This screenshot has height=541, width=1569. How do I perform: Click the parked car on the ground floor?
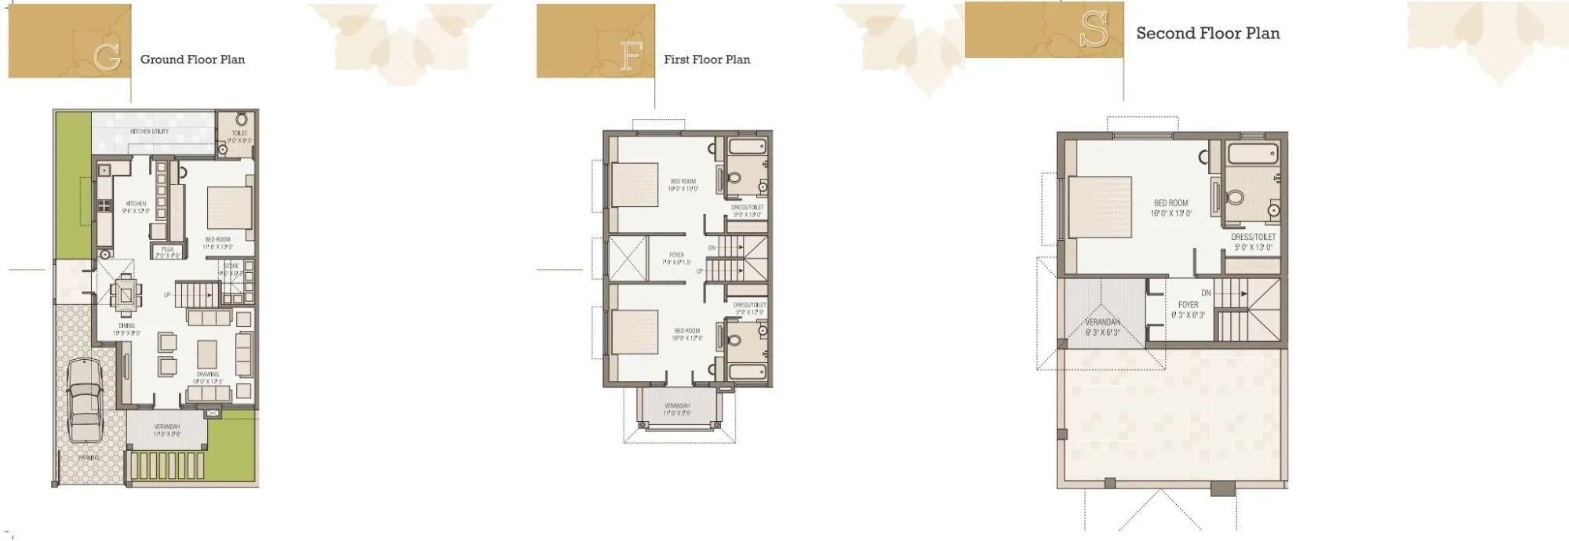pos(85,400)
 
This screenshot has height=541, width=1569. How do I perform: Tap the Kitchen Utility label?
pos(149,131)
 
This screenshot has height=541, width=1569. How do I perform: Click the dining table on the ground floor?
pos(126,294)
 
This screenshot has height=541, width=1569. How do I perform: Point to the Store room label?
pos(231,267)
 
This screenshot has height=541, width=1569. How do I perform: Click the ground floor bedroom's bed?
pos(229,207)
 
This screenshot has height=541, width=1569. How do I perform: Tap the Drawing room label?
pos(208,375)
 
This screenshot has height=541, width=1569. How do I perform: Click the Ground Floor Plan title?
pos(192,60)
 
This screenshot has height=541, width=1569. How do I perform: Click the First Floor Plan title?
pos(707,60)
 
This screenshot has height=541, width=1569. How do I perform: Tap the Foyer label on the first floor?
pos(676,256)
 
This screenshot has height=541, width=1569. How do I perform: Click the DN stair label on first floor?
pos(712,248)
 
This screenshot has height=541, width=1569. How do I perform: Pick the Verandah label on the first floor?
pos(676,407)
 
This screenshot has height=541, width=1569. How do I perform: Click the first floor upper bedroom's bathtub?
pos(746,146)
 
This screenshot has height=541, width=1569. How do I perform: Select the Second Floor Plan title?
pos(1208,34)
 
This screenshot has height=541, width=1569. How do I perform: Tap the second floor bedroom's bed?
pos(1098,206)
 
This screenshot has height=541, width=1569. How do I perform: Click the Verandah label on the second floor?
pos(1102,323)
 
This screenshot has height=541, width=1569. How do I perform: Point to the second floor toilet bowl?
pos(1235,197)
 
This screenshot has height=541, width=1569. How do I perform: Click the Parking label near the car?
pos(89,458)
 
